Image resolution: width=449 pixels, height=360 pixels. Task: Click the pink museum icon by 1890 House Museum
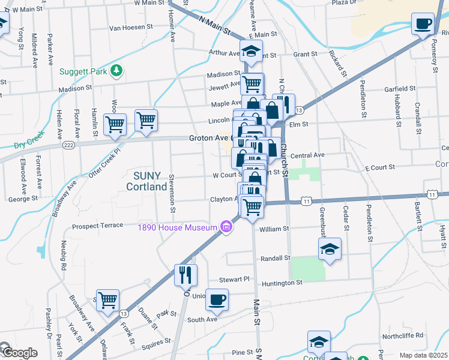pos(226,227)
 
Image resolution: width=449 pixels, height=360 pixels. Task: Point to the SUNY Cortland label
pos(146,181)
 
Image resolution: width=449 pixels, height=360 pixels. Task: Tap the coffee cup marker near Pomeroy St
pos(423,25)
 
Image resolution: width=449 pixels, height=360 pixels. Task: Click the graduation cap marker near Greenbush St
pos(329,249)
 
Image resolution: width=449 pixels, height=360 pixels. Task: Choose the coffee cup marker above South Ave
pos(217,299)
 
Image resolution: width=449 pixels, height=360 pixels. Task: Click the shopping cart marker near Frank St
pos(107,300)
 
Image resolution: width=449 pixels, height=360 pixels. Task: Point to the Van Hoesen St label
pos(131,28)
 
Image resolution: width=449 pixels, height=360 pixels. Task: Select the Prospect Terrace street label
pos(97,227)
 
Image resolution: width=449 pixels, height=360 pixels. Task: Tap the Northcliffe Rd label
pos(403,335)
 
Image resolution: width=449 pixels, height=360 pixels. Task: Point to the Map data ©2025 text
pos(423,355)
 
